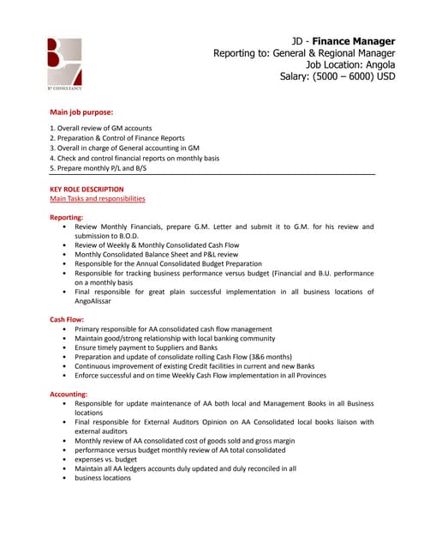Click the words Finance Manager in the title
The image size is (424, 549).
pyautogui.click(x=353, y=40)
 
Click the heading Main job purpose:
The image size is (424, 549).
pyautogui.click(x=81, y=112)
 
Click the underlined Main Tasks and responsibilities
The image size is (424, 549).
pyautogui.click(x=98, y=199)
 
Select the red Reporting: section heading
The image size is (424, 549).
pyautogui.click(x=67, y=218)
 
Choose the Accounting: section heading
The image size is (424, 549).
pyautogui.click(x=69, y=394)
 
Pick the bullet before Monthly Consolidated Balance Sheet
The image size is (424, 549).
pyautogui.click(x=65, y=255)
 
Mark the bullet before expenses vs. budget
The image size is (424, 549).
pyautogui.click(x=65, y=459)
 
